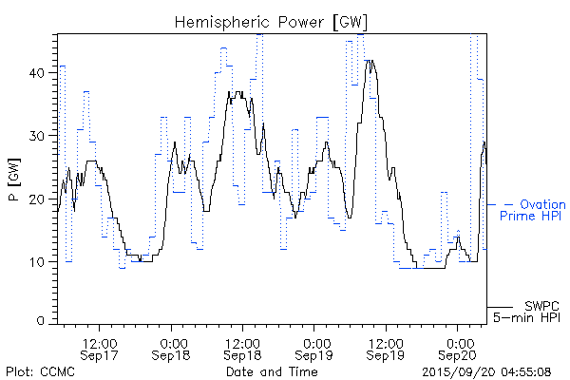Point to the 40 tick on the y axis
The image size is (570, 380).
click(40, 73)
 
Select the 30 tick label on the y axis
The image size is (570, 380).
click(40, 136)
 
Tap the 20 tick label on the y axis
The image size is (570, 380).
click(40, 199)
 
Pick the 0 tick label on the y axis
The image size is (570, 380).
click(44, 321)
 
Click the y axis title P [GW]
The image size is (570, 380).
click(14, 181)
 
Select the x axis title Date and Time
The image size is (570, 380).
click(272, 370)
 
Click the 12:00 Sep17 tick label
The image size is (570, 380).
click(100, 348)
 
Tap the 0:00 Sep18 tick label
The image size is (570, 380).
click(172, 348)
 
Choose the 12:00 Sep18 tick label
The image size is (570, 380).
click(242, 348)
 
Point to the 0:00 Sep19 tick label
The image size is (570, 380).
click(314, 348)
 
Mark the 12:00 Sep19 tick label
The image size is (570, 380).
click(385, 348)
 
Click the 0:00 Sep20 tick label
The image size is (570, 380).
click(457, 348)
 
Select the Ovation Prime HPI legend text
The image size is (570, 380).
click(532, 210)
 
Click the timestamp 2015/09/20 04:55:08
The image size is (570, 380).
click(487, 370)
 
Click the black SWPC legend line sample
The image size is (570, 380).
click(501, 305)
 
